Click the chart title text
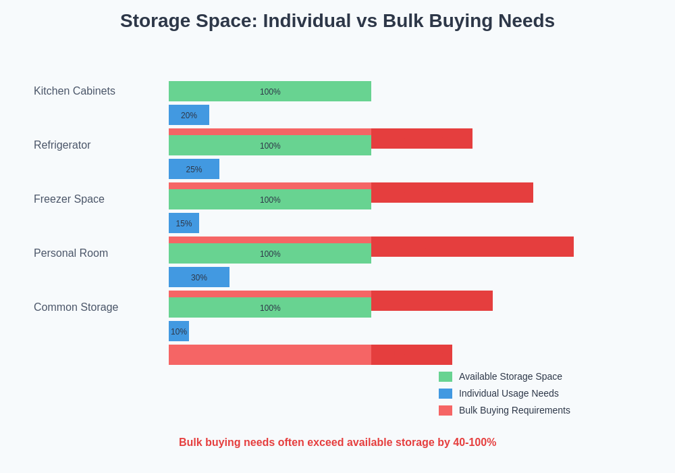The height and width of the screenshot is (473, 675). (x=337, y=21)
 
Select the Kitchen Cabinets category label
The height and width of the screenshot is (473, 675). (x=74, y=91)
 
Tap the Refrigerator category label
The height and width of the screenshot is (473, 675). (x=62, y=145)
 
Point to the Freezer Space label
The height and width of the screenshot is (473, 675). (x=69, y=199)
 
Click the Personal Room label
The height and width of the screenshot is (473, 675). (x=71, y=253)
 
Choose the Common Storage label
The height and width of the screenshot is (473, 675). (x=76, y=307)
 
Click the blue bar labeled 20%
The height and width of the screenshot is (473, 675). (x=189, y=115)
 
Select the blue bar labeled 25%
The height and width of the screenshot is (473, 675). (x=194, y=169)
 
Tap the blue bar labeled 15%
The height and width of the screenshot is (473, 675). (x=184, y=223)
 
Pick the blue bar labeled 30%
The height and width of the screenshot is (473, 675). (x=199, y=277)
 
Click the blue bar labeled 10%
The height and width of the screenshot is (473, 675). (x=179, y=331)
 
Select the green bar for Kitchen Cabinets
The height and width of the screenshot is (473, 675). (x=270, y=91)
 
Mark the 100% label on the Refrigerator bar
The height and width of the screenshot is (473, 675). (x=270, y=146)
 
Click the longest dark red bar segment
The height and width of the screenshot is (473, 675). (x=473, y=247)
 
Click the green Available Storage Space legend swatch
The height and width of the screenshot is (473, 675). (x=446, y=376)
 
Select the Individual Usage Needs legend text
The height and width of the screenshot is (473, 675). (x=508, y=393)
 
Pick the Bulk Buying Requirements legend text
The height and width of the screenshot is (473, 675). (x=514, y=410)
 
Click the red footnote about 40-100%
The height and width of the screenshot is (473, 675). (x=337, y=443)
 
